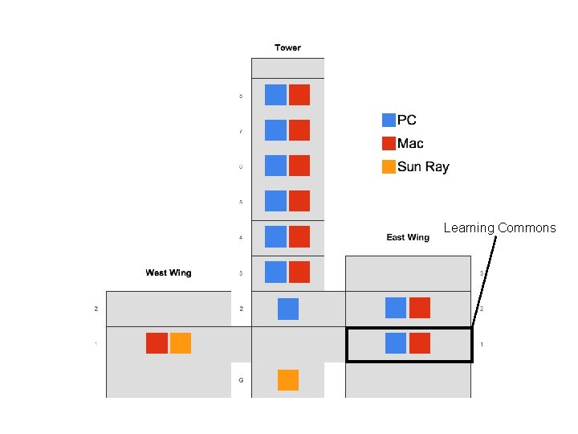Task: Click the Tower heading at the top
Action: coord(287,47)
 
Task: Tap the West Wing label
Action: coord(169,273)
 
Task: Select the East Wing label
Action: coord(408,237)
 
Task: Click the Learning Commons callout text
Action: coord(499,228)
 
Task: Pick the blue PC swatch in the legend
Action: coord(389,120)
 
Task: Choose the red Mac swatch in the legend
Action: coord(389,143)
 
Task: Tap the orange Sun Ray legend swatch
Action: coord(389,167)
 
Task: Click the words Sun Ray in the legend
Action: coord(423,167)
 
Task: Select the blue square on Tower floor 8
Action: coord(275,94)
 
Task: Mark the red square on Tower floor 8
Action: coord(299,94)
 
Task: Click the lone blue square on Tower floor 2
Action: coord(288,309)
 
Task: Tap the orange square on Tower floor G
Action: coord(288,380)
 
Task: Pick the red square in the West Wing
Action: coord(157,343)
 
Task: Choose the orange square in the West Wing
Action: coord(181,343)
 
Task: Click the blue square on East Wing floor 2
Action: coord(396,308)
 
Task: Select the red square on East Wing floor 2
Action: coord(420,308)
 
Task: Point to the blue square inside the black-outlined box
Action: coord(396,343)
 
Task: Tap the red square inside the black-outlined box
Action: coord(420,343)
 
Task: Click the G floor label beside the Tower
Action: coord(241,379)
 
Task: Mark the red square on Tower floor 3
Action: coord(299,272)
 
